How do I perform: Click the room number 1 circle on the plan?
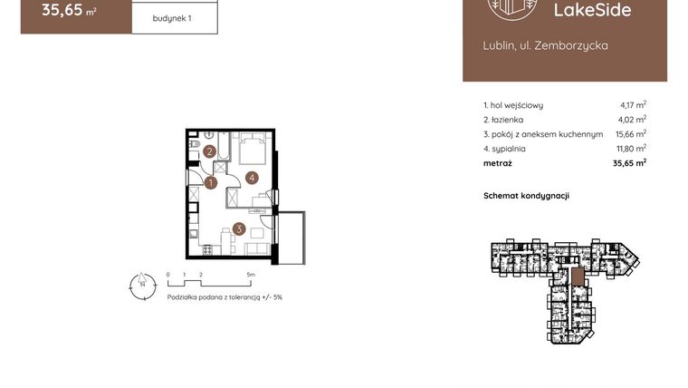210,183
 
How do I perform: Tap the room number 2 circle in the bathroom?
209,151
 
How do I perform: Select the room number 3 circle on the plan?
238,229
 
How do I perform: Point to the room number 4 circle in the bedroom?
253,178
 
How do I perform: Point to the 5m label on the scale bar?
251,273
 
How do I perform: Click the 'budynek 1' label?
173,16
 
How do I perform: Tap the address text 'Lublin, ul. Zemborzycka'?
545,44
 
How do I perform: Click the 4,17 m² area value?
633,105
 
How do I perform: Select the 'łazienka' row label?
504,120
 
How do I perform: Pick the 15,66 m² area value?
632,134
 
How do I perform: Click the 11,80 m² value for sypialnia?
632,149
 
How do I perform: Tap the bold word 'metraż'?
498,163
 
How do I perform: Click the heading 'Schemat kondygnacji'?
526,195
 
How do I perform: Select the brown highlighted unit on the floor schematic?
576,277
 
